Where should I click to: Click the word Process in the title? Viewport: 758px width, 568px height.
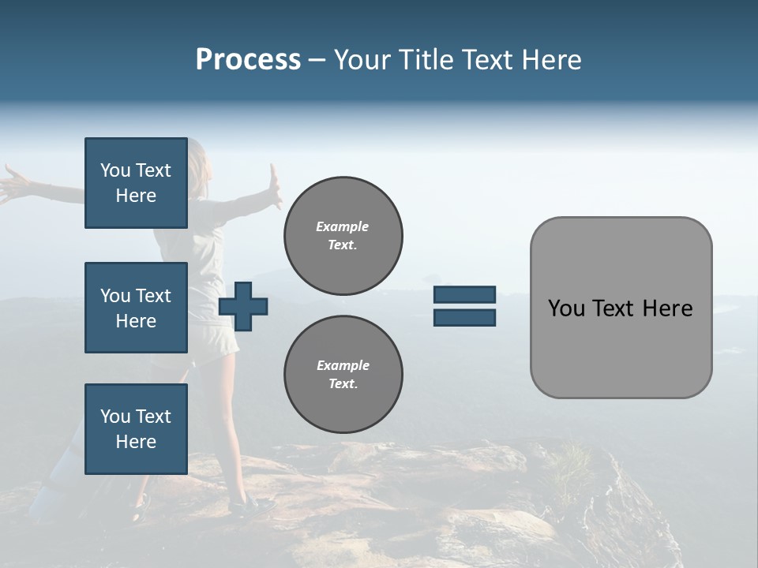248,60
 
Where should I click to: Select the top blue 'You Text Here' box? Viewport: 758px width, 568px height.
136,183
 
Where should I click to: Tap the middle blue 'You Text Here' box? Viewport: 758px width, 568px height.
136,308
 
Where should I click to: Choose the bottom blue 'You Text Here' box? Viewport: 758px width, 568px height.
136,429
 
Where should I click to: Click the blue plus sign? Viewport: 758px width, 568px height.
243,306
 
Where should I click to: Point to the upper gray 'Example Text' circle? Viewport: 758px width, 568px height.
343,236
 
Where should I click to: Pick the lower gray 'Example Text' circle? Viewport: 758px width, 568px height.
343,375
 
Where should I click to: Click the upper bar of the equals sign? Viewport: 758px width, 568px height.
464,295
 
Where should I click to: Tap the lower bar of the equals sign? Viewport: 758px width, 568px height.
464,317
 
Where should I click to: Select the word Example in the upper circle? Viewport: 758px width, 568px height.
343,226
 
